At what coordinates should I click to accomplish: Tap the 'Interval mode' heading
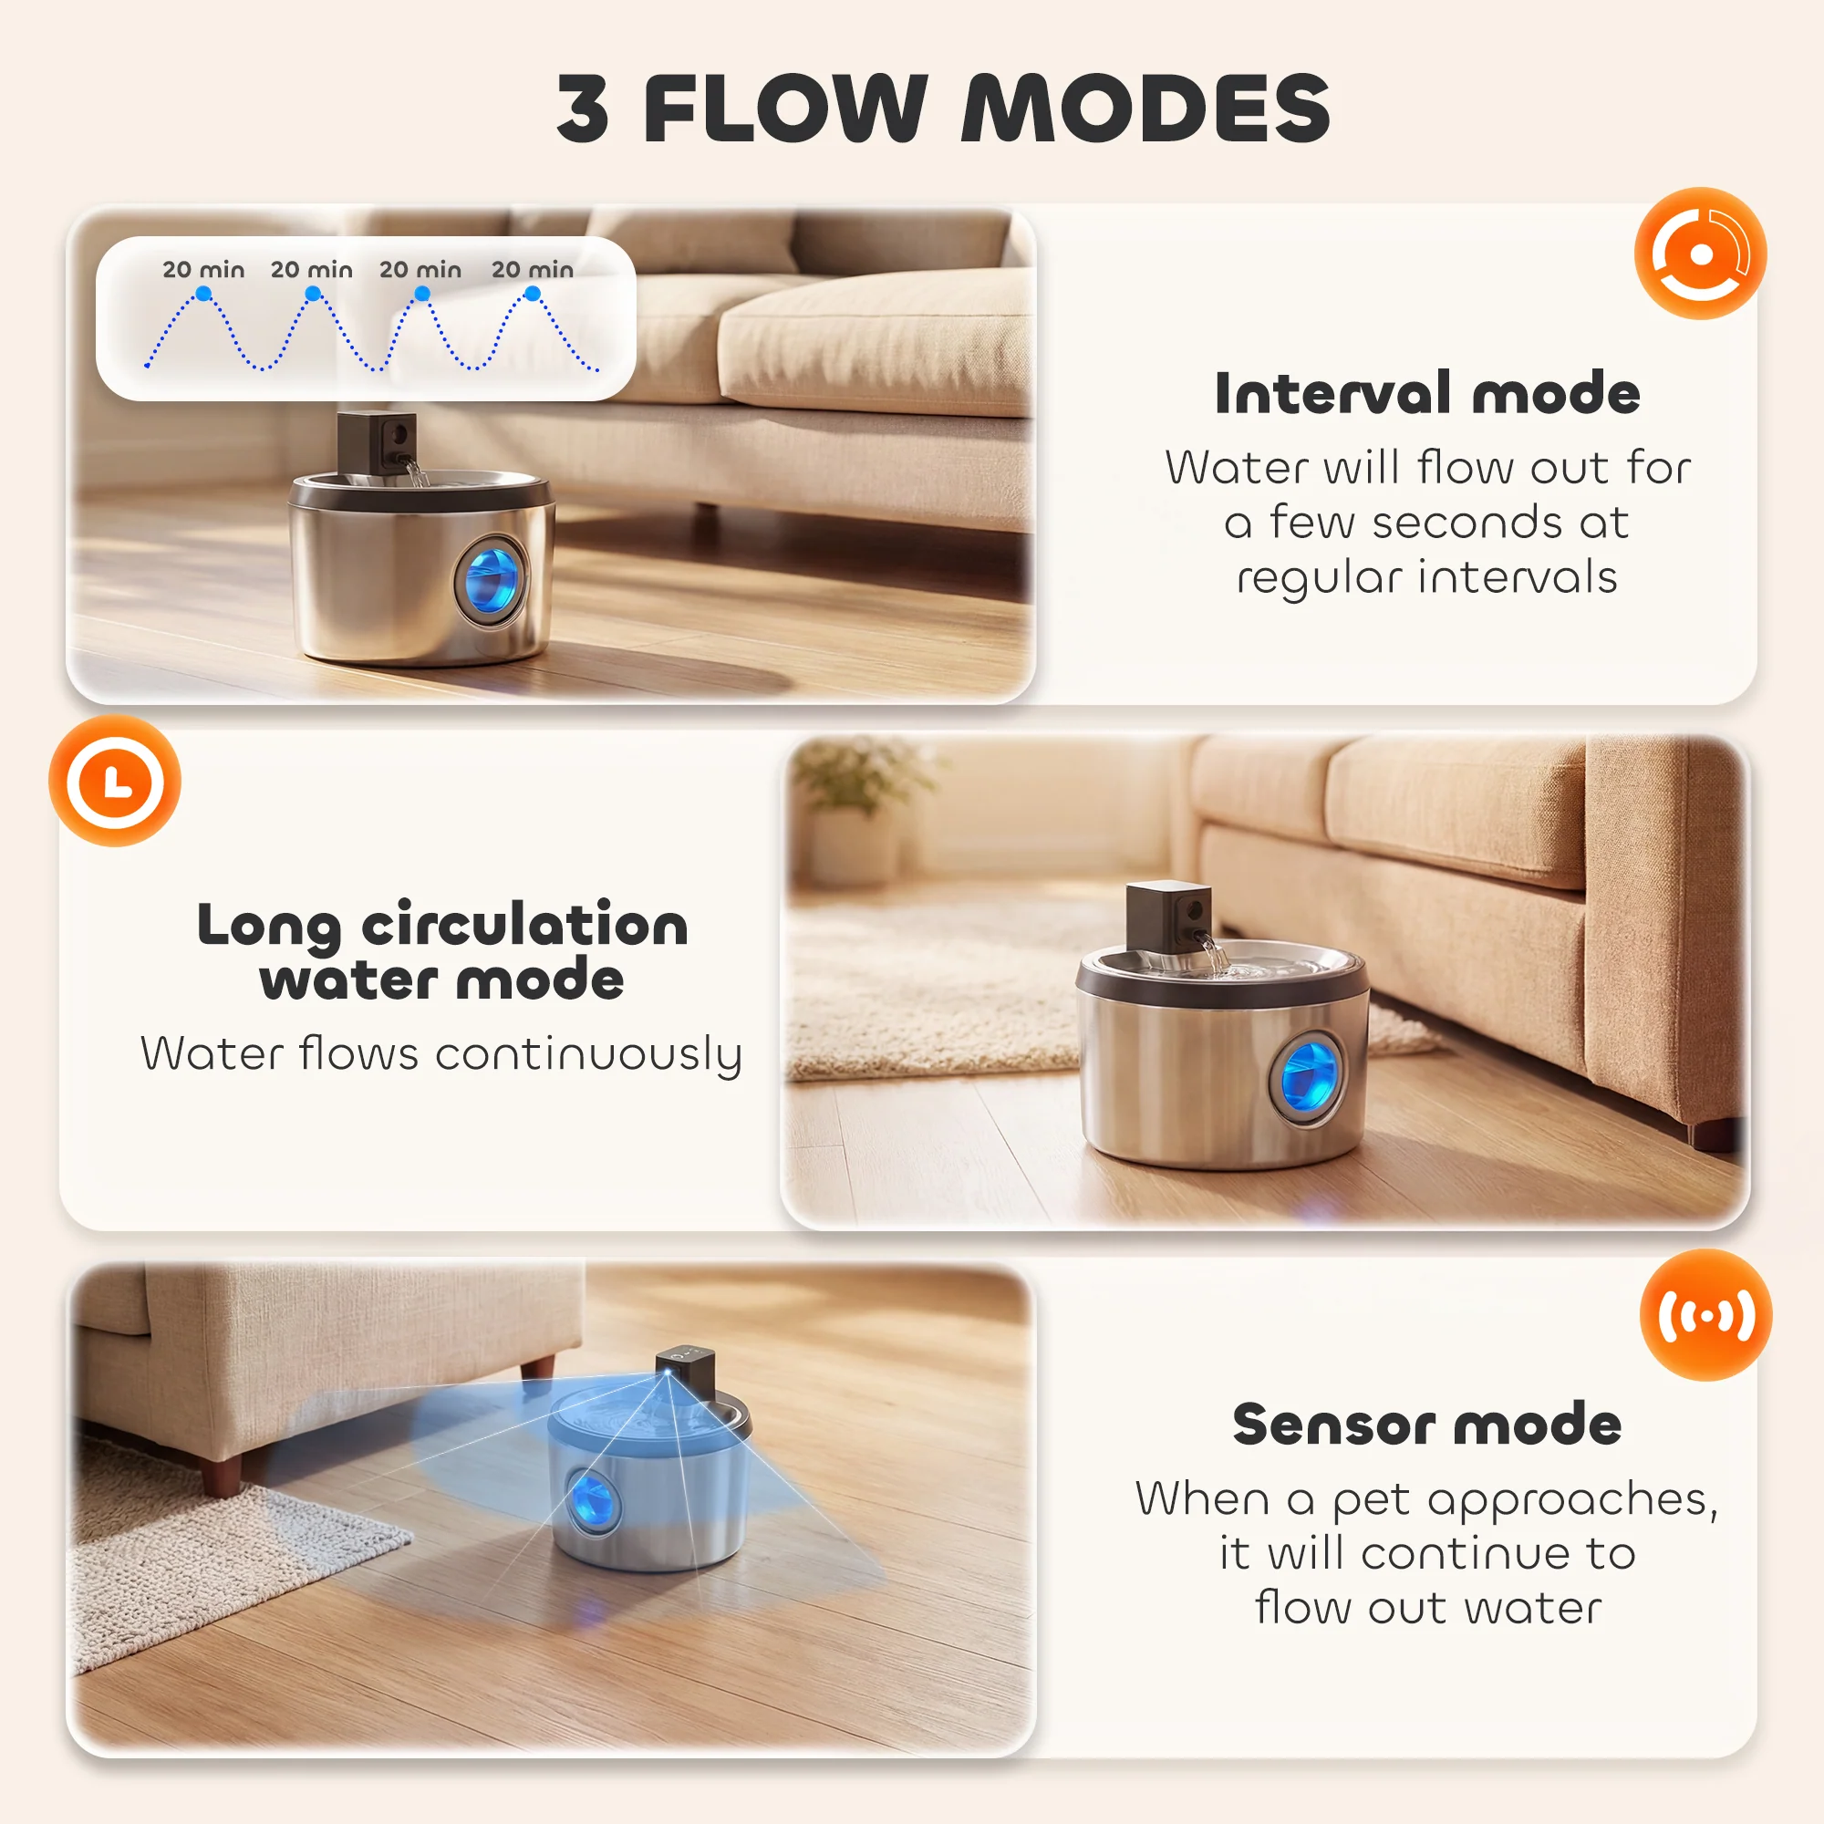tap(1426, 393)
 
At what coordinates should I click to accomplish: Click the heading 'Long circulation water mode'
tap(441, 950)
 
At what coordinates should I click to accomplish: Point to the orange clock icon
tap(115, 781)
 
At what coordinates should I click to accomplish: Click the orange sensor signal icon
tap(1706, 1315)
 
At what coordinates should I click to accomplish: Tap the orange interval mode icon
tap(1700, 253)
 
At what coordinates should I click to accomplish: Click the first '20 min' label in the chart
tap(203, 270)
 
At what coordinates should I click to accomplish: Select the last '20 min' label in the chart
tap(533, 270)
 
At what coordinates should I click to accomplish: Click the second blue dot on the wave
tap(313, 295)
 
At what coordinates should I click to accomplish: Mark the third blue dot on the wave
tap(422, 295)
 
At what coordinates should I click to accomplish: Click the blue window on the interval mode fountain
tap(492, 578)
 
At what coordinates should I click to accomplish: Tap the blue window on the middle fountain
tap(1308, 1079)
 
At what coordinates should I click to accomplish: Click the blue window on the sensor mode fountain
tap(591, 1498)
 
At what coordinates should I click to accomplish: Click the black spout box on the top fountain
tap(377, 444)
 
